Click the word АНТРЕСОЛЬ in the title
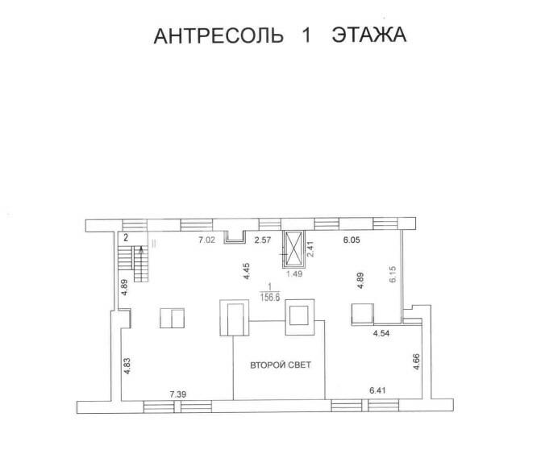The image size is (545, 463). tap(218, 36)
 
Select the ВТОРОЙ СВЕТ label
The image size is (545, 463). tap(280, 365)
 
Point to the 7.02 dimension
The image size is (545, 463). tap(210, 240)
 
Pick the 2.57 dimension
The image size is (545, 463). tap(263, 240)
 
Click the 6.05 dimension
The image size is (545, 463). tap(353, 240)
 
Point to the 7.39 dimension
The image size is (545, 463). tap(179, 394)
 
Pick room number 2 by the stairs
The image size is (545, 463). tap(126, 238)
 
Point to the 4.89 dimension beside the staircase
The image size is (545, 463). tap(125, 287)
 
